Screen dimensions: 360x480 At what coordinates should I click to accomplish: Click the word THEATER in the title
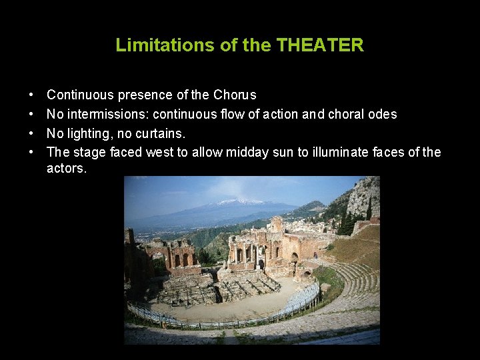tap(320, 45)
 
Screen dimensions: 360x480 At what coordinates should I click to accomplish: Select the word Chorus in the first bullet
tap(235, 95)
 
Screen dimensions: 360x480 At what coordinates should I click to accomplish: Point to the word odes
tap(382, 114)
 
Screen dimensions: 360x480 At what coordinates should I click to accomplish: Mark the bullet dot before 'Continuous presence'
tap(32, 95)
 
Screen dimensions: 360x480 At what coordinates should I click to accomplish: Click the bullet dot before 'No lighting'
tap(32, 133)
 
